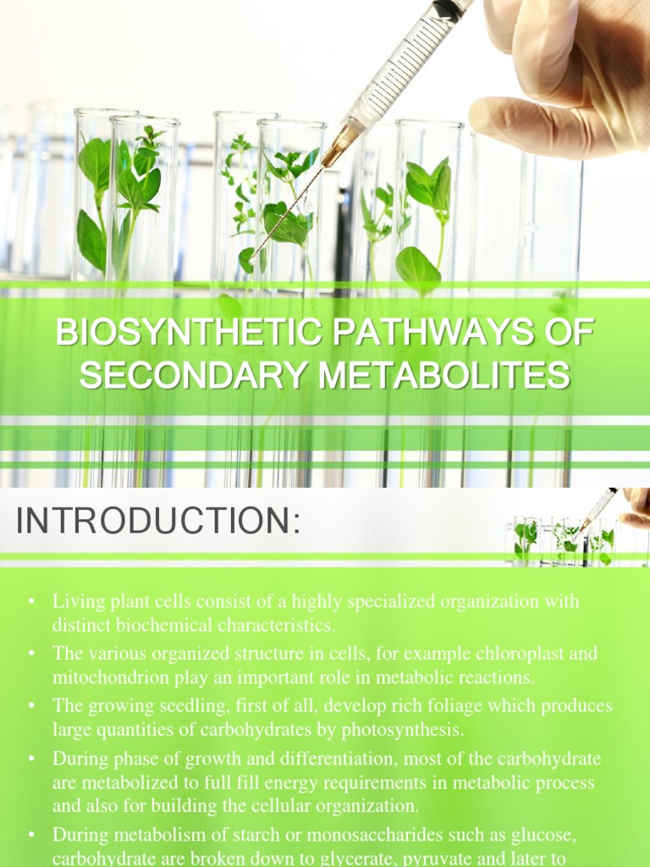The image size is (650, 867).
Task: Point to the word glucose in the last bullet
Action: pyautogui.click(x=548, y=837)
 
